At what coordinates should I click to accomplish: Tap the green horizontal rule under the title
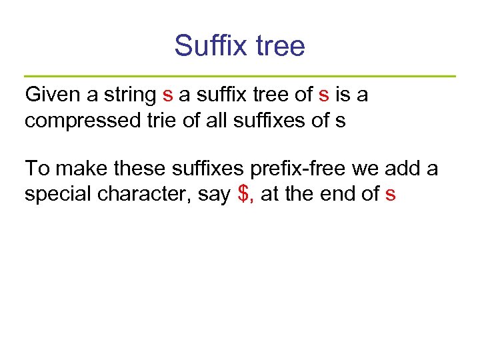pyautogui.click(x=240, y=76)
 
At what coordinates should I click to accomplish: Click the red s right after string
pyautogui.click(x=167, y=95)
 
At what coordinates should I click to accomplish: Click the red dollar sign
pyautogui.click(x=243, y=195)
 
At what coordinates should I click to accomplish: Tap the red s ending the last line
pyautogui.click(x=391, y=195)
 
